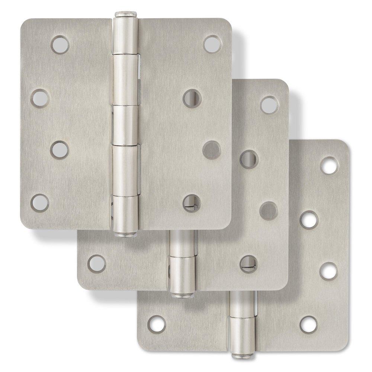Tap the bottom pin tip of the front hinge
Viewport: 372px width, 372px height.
pos(125,234)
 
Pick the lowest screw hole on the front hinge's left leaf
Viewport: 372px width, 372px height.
pos(39,202)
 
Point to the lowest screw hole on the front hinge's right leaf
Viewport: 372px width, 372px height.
pos(192,202)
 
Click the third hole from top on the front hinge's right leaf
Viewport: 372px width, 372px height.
pos(212,150)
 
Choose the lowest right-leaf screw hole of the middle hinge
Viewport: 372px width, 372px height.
pos(248,263)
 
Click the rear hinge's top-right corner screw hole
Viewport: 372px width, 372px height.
pos(330,165)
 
